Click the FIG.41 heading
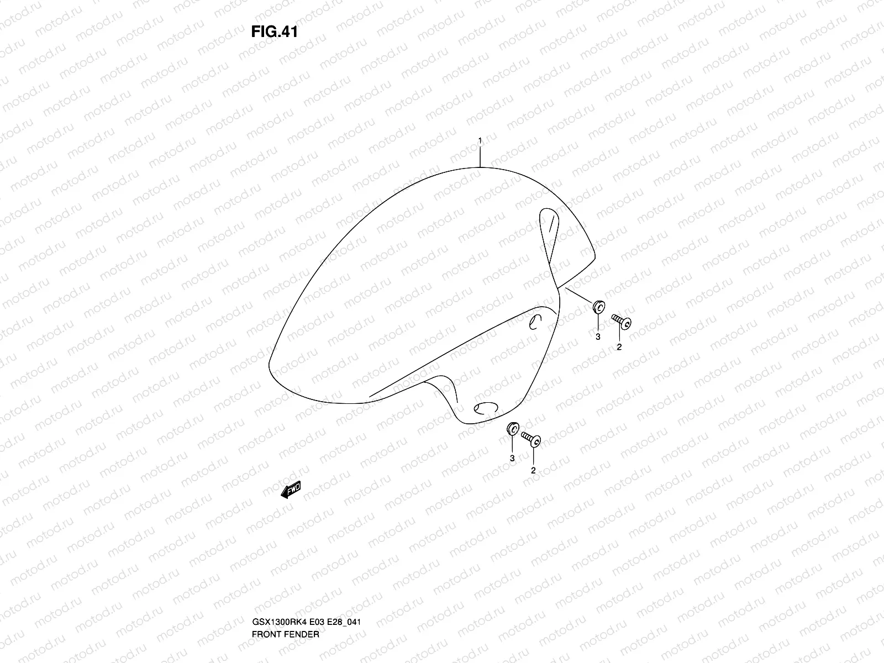coord(275,32)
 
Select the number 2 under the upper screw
coord(619,347)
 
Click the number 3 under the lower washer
coord(512,459)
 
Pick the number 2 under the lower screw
coord(533,471)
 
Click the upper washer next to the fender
coord(598,307)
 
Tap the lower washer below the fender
coord(512,429)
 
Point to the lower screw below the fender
coord(531,439)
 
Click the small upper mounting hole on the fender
coord(534,323)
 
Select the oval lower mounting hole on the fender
coord(486,408)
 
